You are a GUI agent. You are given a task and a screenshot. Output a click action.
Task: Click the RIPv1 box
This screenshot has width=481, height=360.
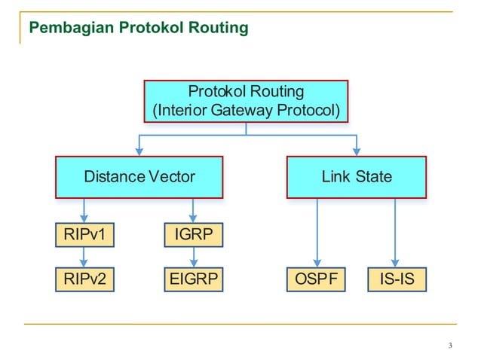tap(84, 236)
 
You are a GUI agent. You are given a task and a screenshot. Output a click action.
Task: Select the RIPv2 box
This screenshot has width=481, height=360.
tap(84, 280)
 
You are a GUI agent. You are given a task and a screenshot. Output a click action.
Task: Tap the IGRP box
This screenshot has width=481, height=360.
tap(194, 236)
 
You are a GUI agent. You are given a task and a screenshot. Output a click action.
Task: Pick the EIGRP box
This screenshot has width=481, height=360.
tap(194, 280)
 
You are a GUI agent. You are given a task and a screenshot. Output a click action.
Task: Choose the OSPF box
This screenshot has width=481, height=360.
tap(317, 280)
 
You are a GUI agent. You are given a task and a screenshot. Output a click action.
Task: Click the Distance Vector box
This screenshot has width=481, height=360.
tap(139, 177)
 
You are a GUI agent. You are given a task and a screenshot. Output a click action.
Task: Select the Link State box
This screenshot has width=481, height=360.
tap(357, 177)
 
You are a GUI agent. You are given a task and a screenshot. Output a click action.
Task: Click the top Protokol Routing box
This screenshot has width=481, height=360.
tap(246, 101)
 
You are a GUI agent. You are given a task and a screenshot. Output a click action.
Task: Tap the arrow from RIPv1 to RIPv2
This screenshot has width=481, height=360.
tap(84, 258)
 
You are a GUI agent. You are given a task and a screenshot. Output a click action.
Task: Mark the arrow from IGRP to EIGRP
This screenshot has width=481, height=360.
tap(194, 258)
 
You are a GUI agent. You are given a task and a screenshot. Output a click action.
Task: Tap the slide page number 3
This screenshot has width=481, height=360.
tap(450, 346)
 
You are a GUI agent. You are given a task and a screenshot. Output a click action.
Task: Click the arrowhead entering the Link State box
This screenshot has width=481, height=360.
tap(357, 151)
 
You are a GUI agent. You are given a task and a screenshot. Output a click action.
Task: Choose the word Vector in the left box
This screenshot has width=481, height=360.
tap(172, 177)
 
